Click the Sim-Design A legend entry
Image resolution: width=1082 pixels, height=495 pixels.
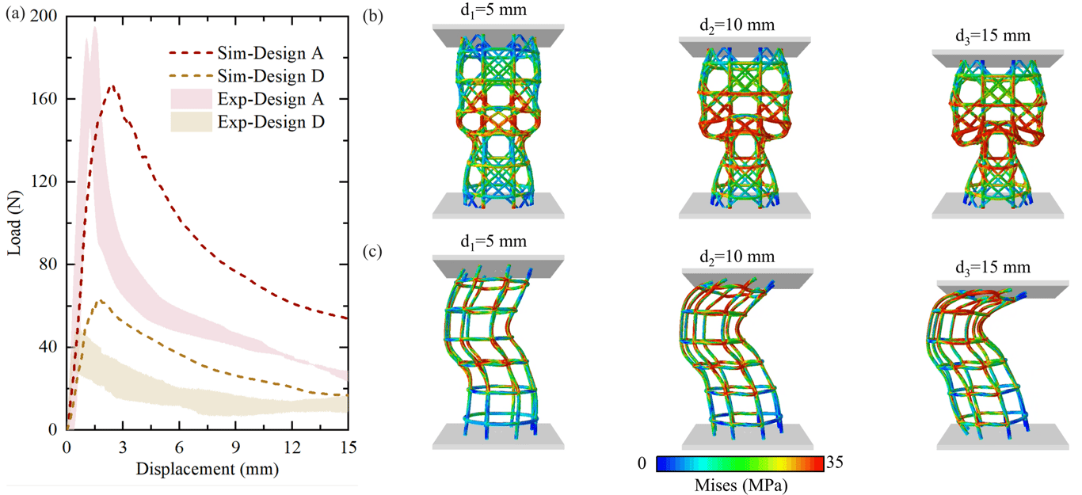point(246,52)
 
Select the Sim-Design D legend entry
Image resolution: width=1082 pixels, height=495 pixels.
point(246,76)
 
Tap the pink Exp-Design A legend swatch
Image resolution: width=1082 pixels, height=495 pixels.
point(191,99)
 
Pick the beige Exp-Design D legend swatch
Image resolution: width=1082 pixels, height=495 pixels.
point(191,122)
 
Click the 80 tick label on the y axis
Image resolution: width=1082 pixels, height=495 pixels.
point(48,265)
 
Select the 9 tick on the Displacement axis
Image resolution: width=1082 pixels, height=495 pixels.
point(235,447)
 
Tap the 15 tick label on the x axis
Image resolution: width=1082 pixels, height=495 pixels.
point(348,447)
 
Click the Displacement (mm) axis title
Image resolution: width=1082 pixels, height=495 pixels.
point(208,469)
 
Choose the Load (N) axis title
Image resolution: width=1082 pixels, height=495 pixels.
point(14,223)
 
